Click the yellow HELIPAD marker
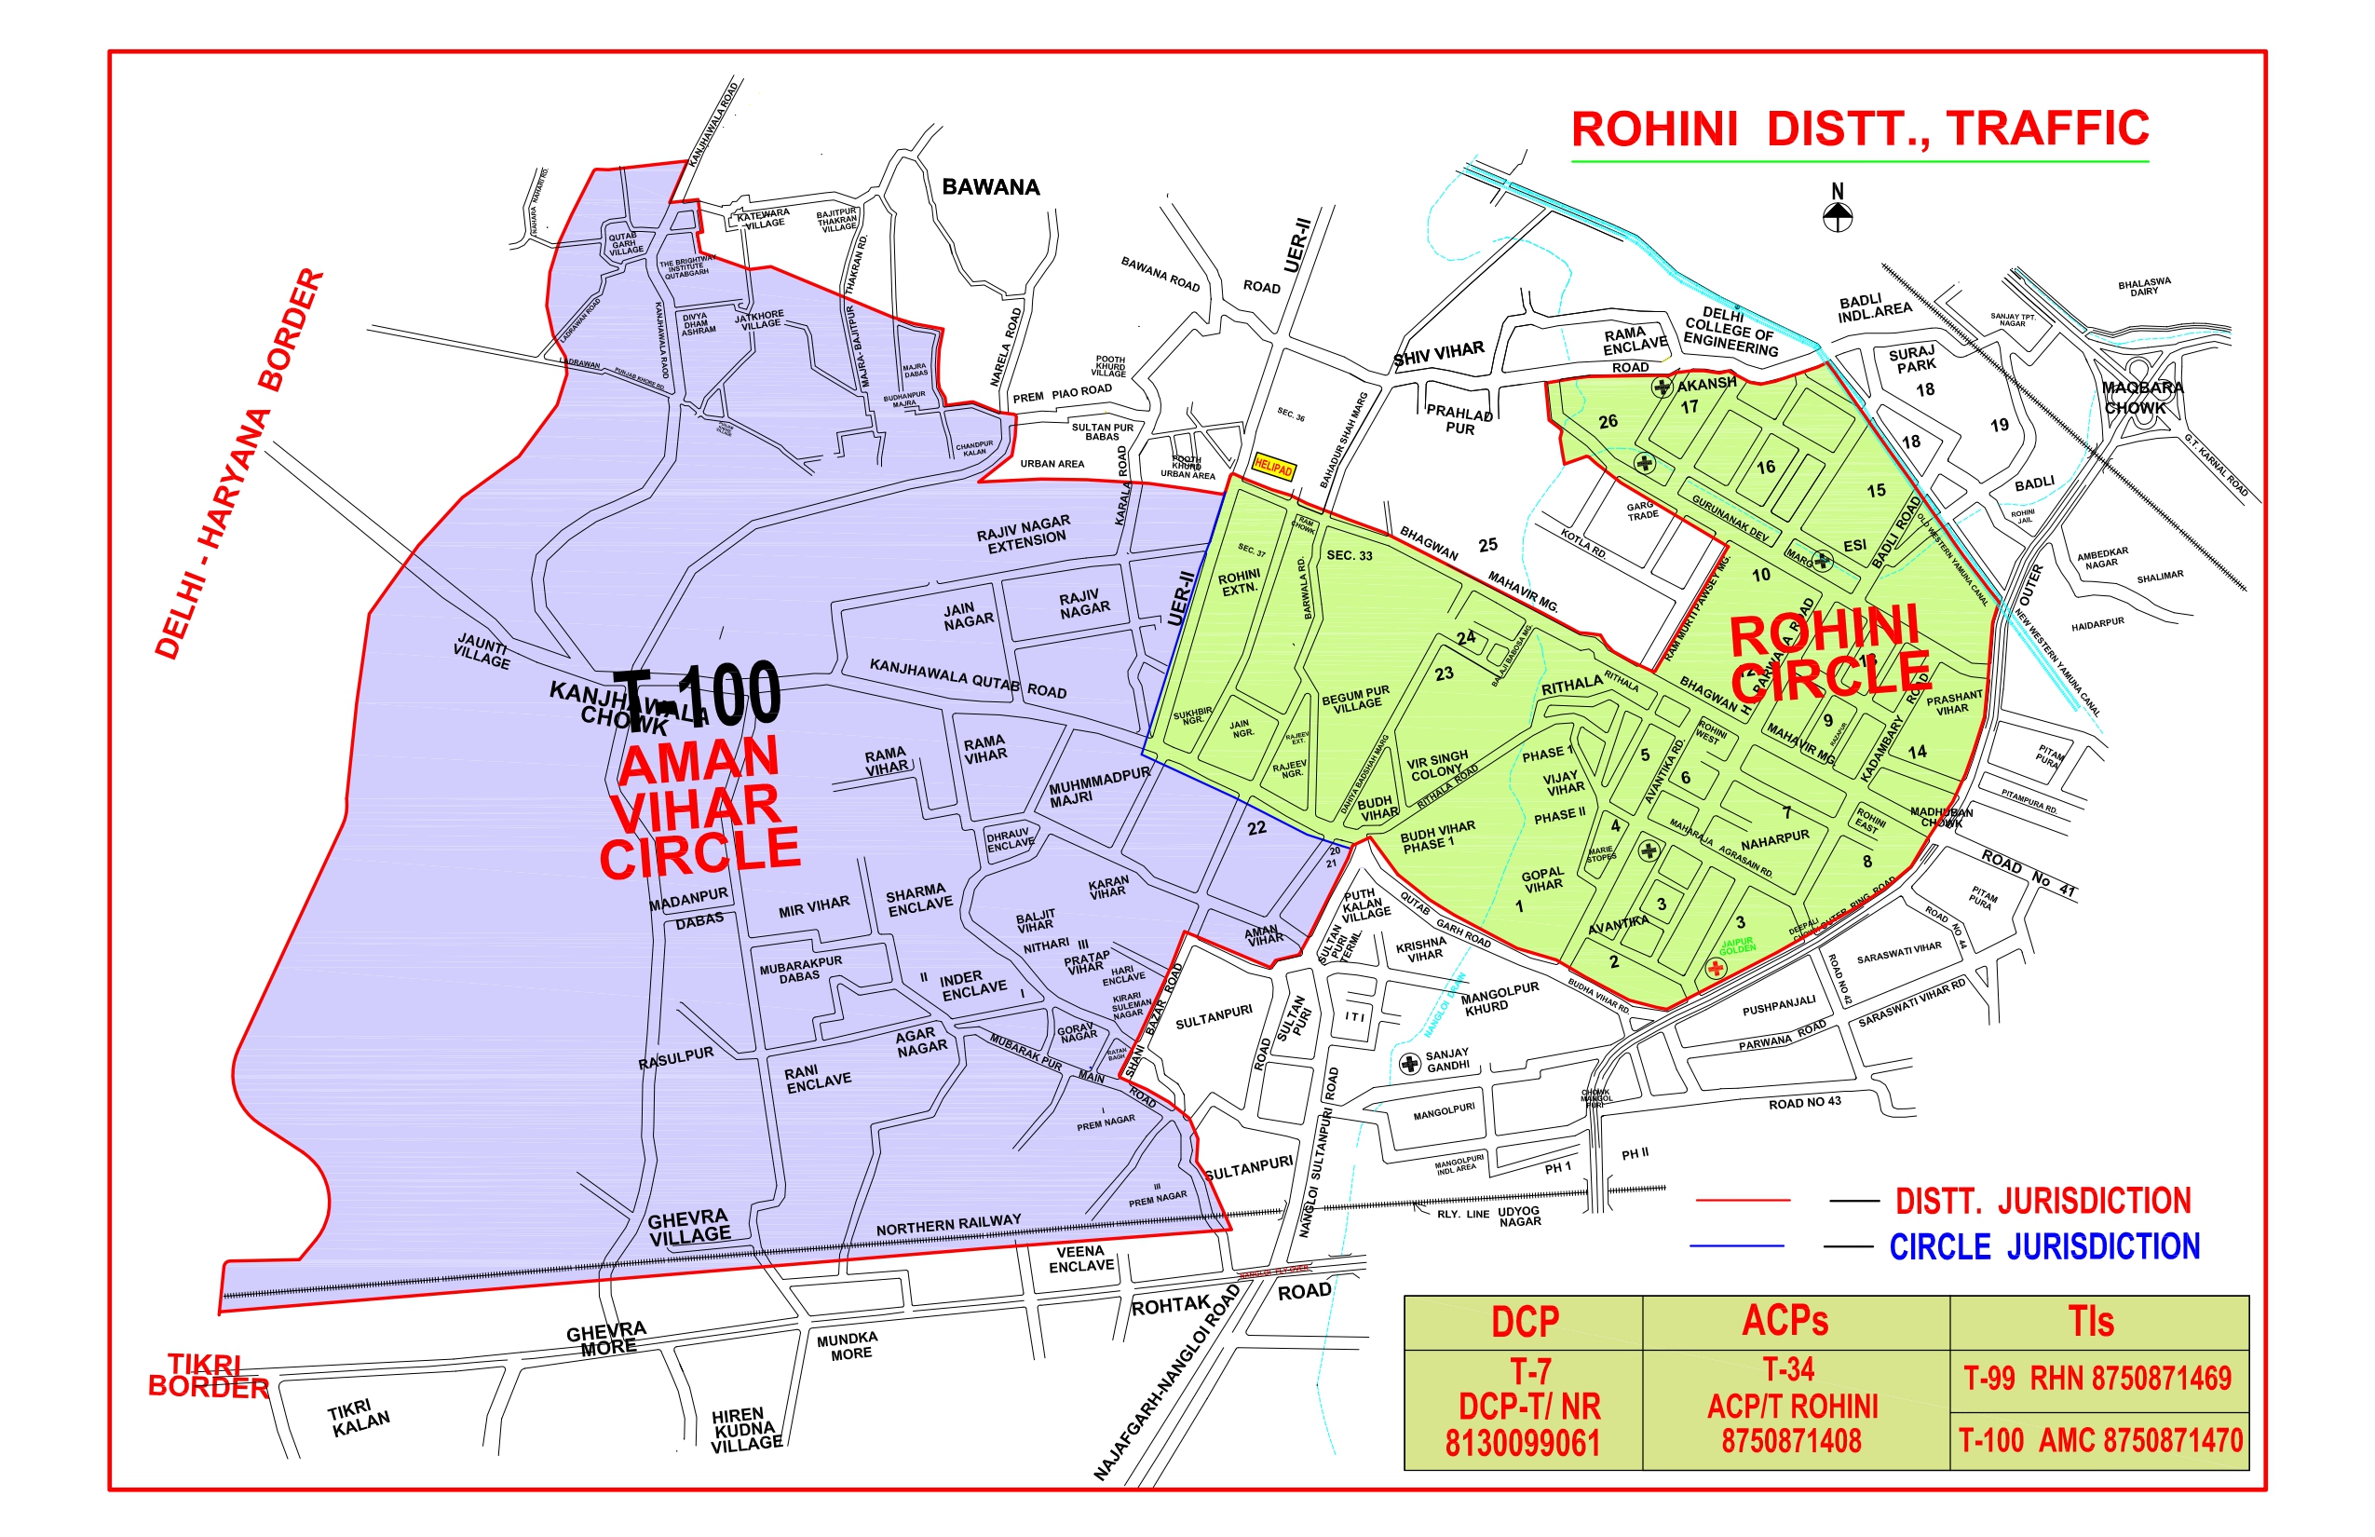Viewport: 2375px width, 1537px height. tap(1273, 467)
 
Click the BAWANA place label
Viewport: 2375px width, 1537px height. tap(990, 187)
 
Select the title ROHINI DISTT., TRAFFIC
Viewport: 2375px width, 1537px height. tap(1860, 129)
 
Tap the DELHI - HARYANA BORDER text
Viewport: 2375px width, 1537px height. tap(239, 464)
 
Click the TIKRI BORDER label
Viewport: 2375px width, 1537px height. tap(208, 1377)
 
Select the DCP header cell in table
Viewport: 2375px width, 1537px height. tap(1524, 1322)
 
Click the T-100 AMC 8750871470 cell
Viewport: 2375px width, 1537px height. tap(2099, 1440)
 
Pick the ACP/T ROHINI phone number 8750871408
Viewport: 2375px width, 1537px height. tap(1791, 1441)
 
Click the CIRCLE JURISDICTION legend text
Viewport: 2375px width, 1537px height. tap(2043, 1246)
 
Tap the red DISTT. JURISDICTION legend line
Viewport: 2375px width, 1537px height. tap(1744, 1200)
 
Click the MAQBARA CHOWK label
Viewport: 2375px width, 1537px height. tap(2141, 397)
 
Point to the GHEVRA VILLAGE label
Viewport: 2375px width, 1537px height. tap(688, 1227)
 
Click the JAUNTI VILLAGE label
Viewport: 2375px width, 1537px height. tap(482, 651)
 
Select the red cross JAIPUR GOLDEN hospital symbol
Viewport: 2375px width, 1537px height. tap(1716, 967)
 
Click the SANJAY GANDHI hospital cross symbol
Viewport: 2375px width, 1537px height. tap(1409, 1064)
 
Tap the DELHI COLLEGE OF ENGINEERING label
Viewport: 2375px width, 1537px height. tap(1730, 331)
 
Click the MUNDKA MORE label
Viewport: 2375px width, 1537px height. tap(847, 1345)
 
